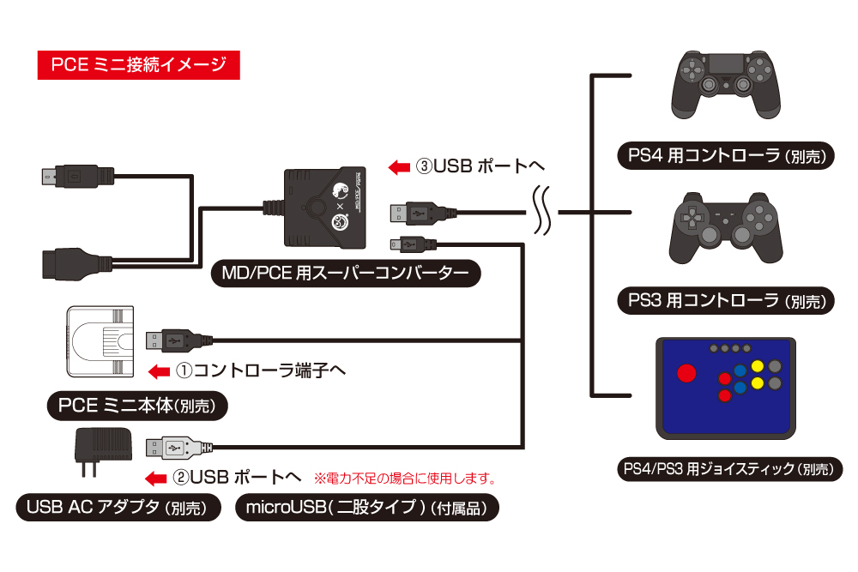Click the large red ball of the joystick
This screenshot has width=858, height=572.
click(x=687, y=375)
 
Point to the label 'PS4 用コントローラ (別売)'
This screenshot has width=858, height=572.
click(x=724, y=156)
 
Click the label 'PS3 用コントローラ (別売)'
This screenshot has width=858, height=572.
click(x=724, y=300)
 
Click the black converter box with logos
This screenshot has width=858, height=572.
click(x=328, y=207)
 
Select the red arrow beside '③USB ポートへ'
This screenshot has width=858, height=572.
click(x=400, y=166)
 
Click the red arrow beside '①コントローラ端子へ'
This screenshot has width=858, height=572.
click(x=160, y=371)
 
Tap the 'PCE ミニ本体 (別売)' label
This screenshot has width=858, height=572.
click(x=137, y=406)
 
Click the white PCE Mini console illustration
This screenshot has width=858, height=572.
click(x=101, y=340)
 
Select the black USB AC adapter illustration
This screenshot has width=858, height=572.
click(x=102, y=446)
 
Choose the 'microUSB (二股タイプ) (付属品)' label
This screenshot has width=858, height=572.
click(x=366, y=508)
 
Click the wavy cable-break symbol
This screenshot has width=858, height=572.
click(x=541, y=210)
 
